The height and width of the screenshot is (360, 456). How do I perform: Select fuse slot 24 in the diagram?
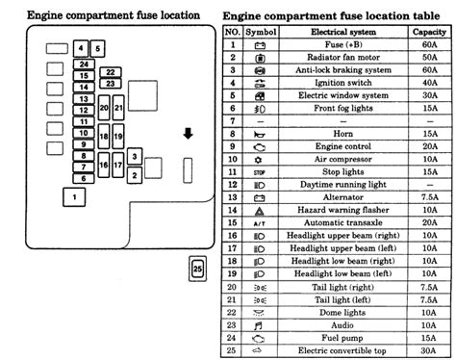click(85, 64)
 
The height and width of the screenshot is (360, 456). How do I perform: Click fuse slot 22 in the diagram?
click(111, 72)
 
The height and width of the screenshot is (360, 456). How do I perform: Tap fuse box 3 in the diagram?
click(137, 157)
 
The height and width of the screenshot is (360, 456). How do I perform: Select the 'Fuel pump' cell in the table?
click(331, 339)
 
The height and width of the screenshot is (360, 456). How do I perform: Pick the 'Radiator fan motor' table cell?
click(331, 57)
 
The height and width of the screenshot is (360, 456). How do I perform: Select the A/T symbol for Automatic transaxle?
click(257, 221)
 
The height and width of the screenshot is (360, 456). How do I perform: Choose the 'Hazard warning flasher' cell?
click(331, 209)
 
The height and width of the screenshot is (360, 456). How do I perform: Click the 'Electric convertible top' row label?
click(331, 351)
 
